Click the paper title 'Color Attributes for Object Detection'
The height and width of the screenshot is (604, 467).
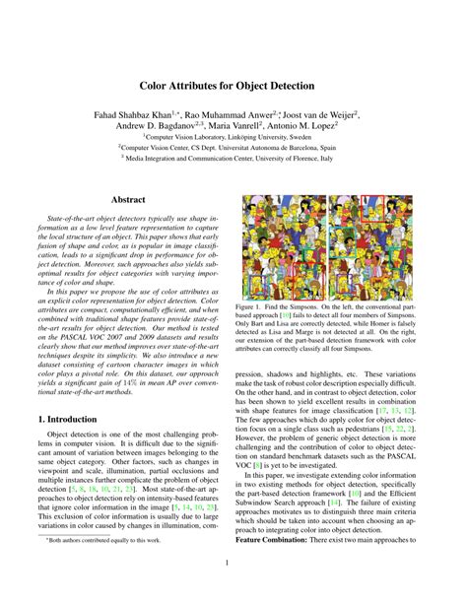click(233, 86)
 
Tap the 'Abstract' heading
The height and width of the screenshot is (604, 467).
click(128, 200)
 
